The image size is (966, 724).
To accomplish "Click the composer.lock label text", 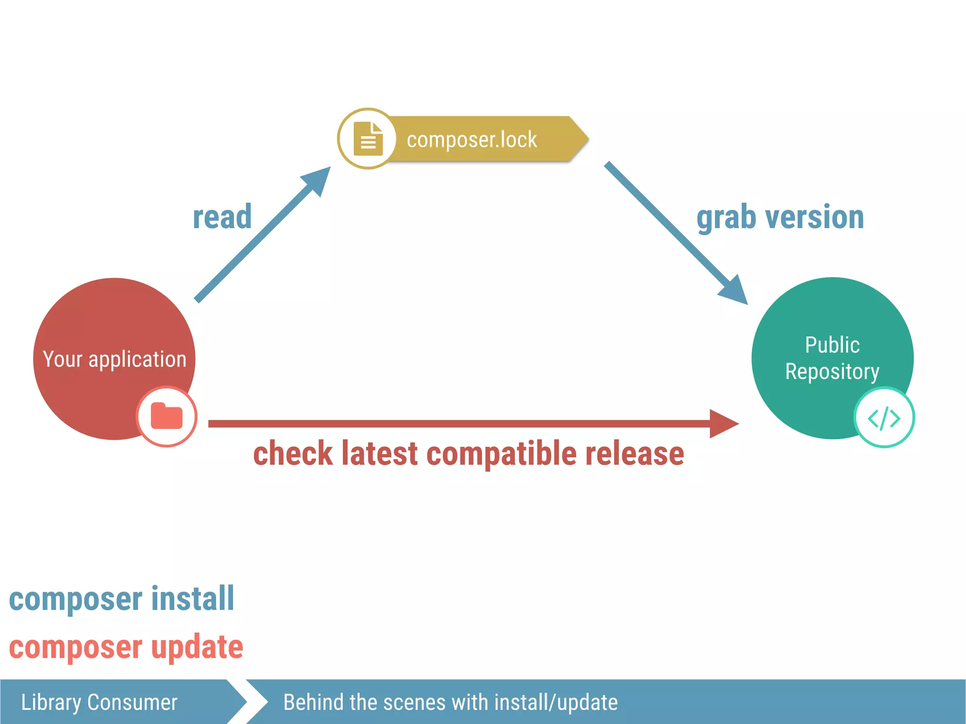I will click(x=472, y=140).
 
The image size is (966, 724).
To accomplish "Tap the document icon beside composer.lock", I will click(x=368, y=139).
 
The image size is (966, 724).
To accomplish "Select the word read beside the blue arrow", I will click(x=222, y=217).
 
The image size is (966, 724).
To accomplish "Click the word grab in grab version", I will click(x=726, y=218).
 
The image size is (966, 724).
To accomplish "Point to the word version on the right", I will click(x=815, y=217).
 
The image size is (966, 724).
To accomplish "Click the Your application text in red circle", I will click(x=115, y=359).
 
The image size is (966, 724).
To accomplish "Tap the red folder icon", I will click(x=167, y=416).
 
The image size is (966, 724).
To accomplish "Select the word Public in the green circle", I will click(x=832, y=345).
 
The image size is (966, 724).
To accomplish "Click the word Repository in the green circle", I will click(x=832, y=371).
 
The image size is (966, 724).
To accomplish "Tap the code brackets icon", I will click(x=884, y=418).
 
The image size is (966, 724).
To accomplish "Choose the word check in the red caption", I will click(x=293, y=454).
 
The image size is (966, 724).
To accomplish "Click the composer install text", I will click(x=122, y=599).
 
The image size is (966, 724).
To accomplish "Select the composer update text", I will click(x=126, y=647).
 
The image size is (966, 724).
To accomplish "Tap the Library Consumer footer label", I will click(x=99, y=702).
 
